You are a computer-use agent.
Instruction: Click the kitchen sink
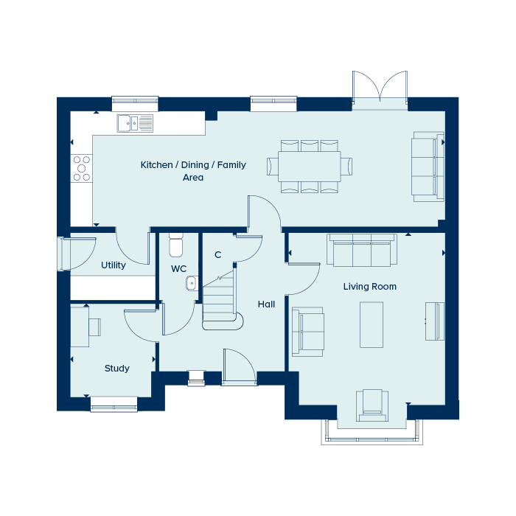[x=134, y=123]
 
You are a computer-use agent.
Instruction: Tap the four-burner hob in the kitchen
[x=80, y=168]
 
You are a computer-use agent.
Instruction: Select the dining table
[x=309, y=166]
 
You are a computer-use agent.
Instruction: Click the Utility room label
[x=114, y=265]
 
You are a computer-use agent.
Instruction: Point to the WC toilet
[x=175, y=246]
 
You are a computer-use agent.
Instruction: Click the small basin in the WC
[x=191, y=282]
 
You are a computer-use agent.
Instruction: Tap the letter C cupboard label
[x=217, y=255]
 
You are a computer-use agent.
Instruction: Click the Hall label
[x=266, y=304]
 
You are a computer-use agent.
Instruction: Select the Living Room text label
[x=369, y=287]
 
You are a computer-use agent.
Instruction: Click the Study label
[x=116, y=369]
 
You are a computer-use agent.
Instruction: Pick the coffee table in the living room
[x=372, y=324]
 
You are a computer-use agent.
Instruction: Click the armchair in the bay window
[x=372, y=405]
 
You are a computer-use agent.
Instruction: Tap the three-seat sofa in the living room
[x=362, y=251]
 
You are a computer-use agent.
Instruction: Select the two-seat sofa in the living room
[x=308, y=330]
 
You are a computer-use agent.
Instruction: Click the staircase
[x=220, y=299]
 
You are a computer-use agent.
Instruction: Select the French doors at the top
[x=380, y=88]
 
